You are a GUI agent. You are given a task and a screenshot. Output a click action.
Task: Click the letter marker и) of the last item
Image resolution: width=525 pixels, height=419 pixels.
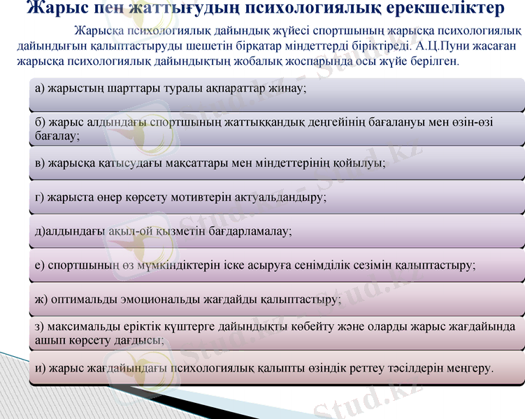coord(40,367)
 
